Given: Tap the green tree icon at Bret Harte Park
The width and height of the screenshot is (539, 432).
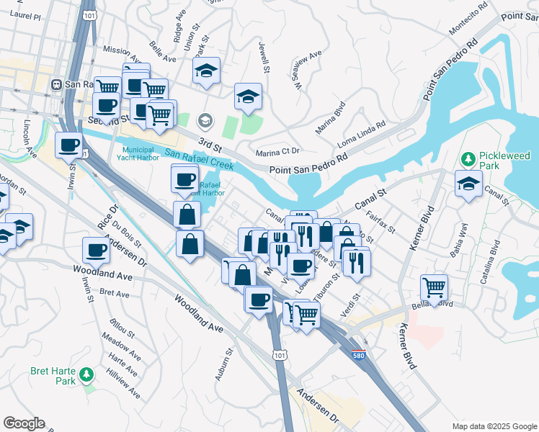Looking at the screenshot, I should click(x=86, y=374).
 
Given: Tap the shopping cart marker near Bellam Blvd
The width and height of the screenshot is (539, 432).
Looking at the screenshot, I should click(x=435, y=287).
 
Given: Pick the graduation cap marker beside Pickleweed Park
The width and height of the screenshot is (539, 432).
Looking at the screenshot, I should click(x=468, y=184).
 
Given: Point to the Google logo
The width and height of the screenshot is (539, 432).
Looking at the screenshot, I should click(x=24, y=423).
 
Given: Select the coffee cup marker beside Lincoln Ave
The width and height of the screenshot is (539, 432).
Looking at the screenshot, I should click(x=70, y=145).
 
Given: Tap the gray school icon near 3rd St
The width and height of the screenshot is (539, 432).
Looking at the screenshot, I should click(x=205, y=120).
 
